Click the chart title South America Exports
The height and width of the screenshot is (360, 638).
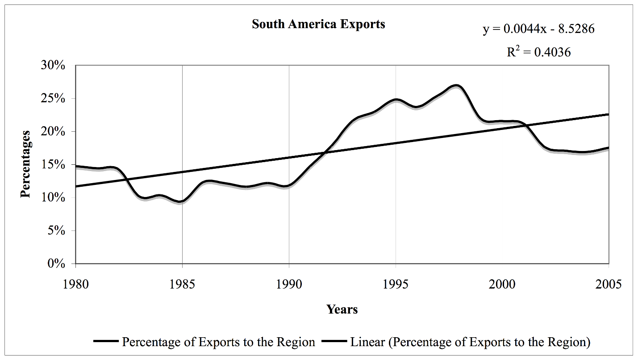pos(318,24)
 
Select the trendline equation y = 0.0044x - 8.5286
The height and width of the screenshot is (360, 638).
pos(538,29)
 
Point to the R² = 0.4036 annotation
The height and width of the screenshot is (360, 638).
pos(538,52)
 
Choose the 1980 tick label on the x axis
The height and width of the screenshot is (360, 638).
pos(76,284)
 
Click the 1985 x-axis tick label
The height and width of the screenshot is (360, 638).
pos(183,284)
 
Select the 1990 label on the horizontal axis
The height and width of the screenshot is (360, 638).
pos(289,284)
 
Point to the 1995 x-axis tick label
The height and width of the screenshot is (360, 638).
pos(396,284)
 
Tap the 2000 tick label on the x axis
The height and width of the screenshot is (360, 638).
pos(502,284)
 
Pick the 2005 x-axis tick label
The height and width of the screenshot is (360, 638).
pos(609,284)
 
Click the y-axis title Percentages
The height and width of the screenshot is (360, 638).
pos(26,164)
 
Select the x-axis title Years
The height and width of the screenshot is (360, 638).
pos(342,309)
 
